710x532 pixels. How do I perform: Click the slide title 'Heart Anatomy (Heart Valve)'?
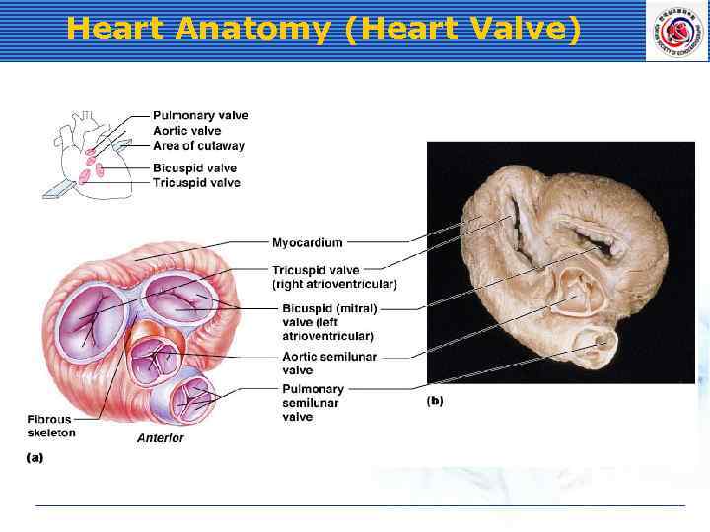click(x=323, y=30)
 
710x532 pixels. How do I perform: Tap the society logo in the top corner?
click(x=676, y=31)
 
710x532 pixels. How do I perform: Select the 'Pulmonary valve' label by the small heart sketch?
click(x=200, y=116)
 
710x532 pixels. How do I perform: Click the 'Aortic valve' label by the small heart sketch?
click(x=187, y=131)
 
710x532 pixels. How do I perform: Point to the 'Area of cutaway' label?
click(x=198, y=146)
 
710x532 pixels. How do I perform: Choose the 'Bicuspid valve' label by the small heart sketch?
click(x=194, y=168)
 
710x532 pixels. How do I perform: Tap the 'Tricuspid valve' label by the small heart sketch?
click(x=196, y=183)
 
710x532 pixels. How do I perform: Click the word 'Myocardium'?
click(x=308, y=242)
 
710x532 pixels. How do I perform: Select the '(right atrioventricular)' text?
click(x=334, y=285)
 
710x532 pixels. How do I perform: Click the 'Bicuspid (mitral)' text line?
click(x=329, y=308)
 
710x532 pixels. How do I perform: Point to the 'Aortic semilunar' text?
click(x=329, y=357)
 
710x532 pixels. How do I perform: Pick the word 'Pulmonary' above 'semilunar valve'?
click(x=313, y=390)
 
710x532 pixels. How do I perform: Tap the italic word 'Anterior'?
click(x=160, y=438)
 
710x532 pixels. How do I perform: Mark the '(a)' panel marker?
click(x=35, y=457)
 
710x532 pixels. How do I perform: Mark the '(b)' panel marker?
click(x=435, y=401)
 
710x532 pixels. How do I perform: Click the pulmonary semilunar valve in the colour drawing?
click(x=192, y=399)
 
